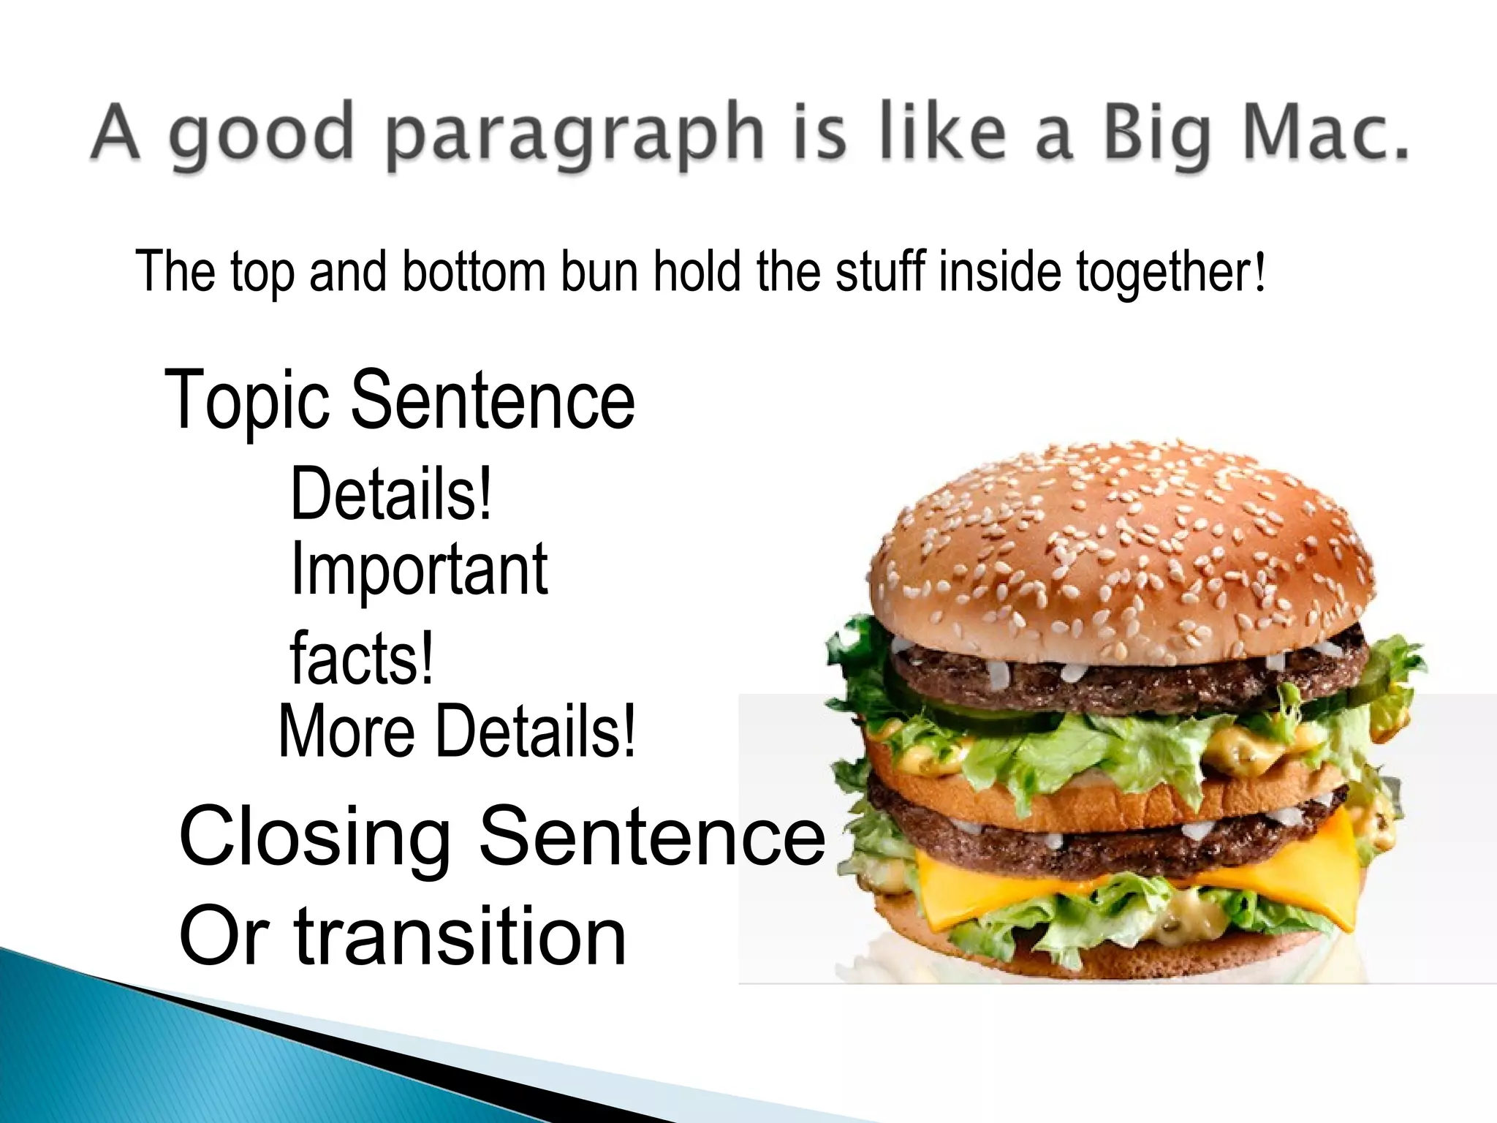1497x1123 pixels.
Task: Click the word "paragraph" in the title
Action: tap(573, 136)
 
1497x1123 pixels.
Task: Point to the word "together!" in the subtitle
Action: tap(1170, 273)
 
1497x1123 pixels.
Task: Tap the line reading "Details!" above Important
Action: tap(391, 496)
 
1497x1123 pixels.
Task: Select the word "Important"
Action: tap(419, 571)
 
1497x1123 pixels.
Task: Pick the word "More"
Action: tap(346, 732)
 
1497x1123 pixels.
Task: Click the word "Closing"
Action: tap(314, 836)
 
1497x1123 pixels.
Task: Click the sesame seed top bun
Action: tap(1118, 541)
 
